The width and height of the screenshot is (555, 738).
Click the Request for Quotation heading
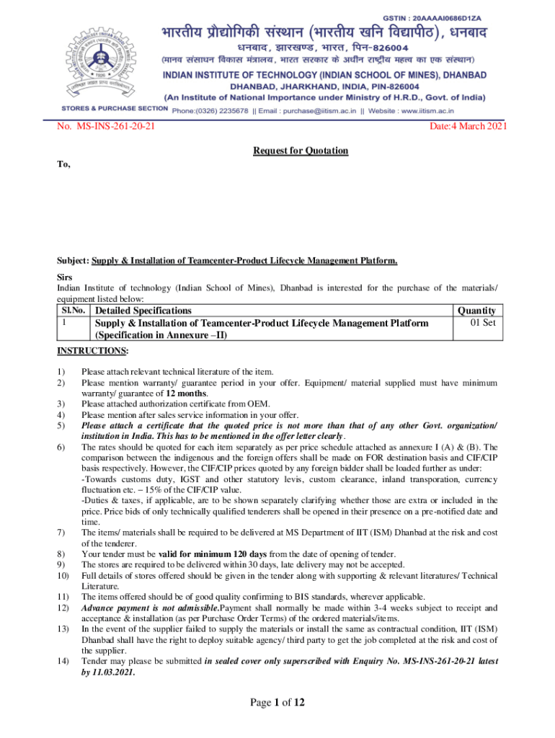pos(301,151)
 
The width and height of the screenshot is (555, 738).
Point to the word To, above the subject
pos(64,164)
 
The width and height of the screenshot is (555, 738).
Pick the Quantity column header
pos(476,311)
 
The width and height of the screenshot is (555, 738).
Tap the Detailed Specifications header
pos(154,311)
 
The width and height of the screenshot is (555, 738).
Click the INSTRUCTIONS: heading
pos(93,351)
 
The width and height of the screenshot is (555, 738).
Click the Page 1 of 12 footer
pos(277,703)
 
